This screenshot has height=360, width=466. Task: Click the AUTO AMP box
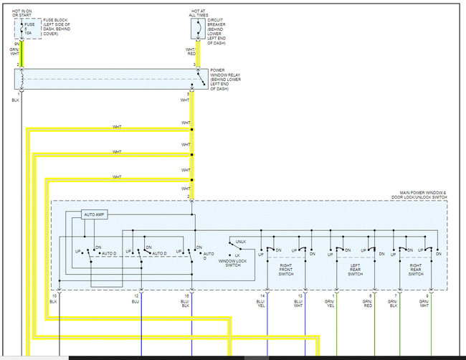click(95, 214)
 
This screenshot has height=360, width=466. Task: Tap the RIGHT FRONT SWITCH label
click(285, 270)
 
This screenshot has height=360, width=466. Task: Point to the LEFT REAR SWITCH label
click(355, 270)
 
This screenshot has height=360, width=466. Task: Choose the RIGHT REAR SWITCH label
click(416, 270)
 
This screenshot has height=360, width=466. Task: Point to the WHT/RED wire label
click(191, 52)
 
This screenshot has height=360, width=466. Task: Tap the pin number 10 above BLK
click(54, 295)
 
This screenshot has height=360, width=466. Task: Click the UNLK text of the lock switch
click(240, 241)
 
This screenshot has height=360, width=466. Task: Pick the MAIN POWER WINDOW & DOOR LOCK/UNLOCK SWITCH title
click(423, 195)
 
